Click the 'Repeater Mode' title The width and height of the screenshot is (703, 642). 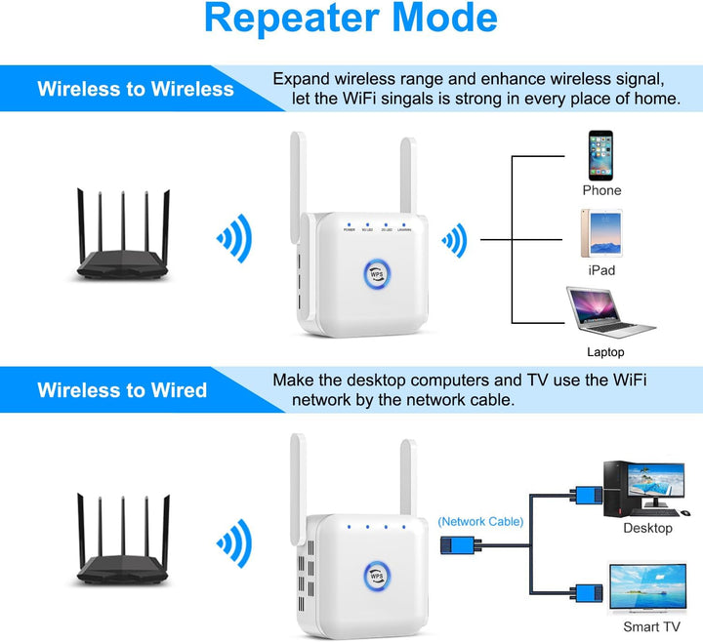tap(351, 19)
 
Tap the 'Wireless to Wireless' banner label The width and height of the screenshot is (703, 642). tap(136, 89)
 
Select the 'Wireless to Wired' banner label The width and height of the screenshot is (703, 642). tap(122, 390)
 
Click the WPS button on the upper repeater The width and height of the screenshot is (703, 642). tap(379, 274)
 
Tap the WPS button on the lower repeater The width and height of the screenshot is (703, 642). tap(379, 575)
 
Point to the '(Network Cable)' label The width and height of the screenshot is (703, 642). tap(480, 522)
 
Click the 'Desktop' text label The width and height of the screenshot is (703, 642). tap(647, 528)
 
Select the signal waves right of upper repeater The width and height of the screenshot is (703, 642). tap(452, 238)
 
